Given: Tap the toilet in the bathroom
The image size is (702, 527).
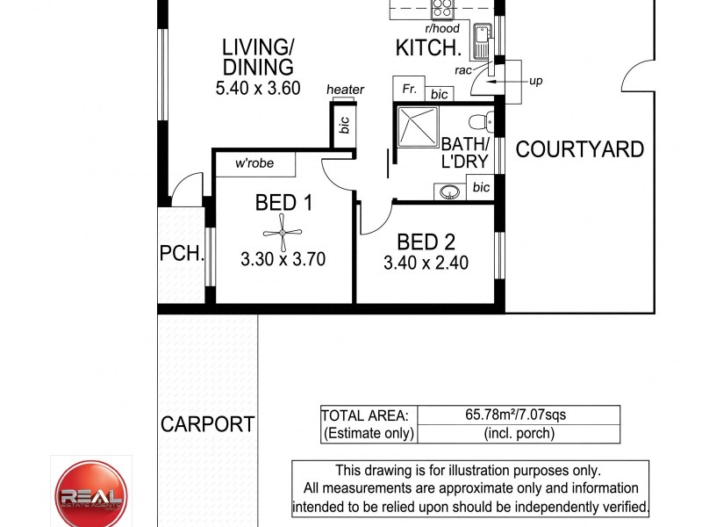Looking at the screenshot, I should tap(480, 121).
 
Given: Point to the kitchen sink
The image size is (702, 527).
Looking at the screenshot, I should tap(482, 39).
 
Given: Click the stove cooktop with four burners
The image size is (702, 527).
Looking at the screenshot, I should tap(442, 10).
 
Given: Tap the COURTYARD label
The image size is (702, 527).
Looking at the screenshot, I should tap(579, 149).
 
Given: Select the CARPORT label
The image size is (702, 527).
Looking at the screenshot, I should tap(207, 424).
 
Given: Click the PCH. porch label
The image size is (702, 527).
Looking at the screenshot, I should tap(182, 255).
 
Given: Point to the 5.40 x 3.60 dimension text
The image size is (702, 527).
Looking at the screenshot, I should tap(257, 88).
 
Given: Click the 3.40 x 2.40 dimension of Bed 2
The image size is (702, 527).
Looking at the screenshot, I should tap(426, 263).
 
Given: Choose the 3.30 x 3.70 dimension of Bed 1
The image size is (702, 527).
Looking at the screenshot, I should tap(283, 259).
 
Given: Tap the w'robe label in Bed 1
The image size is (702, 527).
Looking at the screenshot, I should tap(254, 164).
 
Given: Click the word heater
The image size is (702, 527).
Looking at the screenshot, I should tap(345, 90).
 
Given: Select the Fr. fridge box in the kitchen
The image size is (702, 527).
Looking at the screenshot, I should tap(409, 90).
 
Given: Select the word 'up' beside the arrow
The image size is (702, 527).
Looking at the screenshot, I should tap(535, 81).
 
